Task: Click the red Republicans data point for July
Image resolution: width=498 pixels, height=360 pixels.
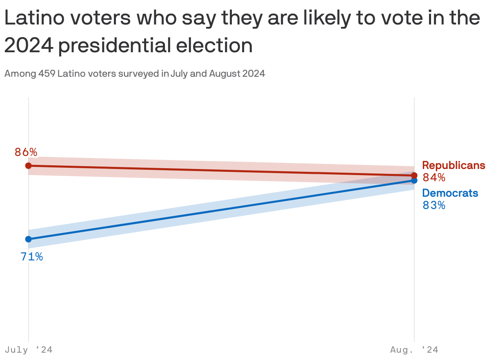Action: (28, 165)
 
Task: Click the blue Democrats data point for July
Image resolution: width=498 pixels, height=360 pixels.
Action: (28, 239)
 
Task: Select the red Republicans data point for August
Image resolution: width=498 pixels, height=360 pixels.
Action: (414, 175)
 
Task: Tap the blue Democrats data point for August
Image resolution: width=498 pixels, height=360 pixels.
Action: (414, 180)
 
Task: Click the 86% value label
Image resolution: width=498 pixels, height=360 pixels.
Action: (26, 152)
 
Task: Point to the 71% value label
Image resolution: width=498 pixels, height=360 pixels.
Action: (32, 257)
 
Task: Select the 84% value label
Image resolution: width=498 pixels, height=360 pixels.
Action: (434, 178)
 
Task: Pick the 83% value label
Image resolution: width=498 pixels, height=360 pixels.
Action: (434, 205)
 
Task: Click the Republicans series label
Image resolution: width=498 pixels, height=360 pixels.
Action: (454, 165)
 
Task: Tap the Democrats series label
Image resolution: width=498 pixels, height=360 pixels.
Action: (450, 193)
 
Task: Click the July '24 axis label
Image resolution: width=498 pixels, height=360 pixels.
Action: (29, 350)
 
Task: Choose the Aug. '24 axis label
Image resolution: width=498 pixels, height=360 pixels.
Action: (414, 350)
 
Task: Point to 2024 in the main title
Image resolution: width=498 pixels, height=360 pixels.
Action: (29, 45)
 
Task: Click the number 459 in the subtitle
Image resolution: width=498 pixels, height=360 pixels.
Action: (47, 74)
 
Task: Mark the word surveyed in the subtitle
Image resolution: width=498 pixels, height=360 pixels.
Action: (138, 74)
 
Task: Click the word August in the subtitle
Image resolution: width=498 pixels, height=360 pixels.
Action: (225, 74)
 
